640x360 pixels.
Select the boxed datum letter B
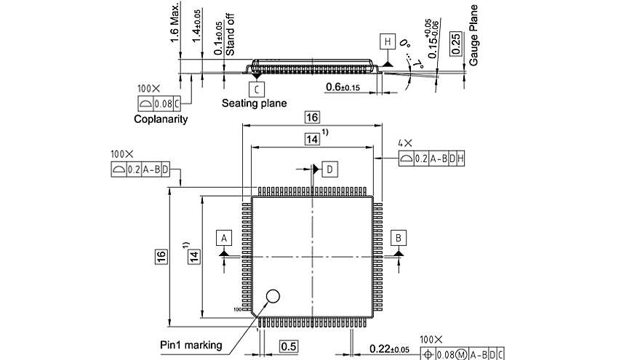pos(399,237)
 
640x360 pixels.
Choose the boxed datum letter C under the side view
pos(255,89)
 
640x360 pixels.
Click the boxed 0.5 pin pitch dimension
pos(289,346)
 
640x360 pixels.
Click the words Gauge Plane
pos(473,35)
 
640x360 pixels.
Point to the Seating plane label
pos(254,103)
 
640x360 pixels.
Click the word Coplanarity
pos(161,119)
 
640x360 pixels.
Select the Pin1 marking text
pos(191,345)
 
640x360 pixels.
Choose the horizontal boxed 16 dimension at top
pos(312,118)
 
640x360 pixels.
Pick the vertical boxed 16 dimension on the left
pos(161,256)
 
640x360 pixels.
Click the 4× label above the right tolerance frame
pos(404,144)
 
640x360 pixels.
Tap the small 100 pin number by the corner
pos(238,309)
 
